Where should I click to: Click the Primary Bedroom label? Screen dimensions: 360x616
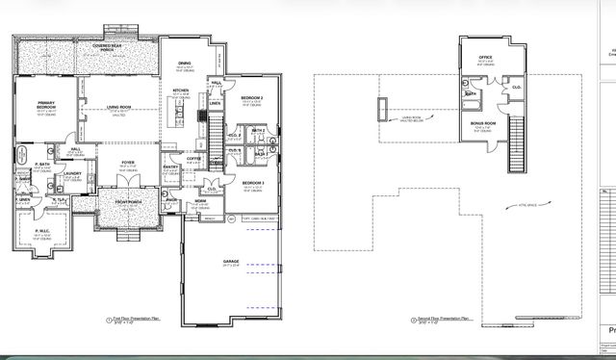coord(45,105)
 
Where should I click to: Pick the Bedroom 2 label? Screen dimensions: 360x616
coord(252,98)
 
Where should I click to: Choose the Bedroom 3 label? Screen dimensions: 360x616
coord(253,183)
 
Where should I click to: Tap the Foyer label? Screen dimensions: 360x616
coord(127,164)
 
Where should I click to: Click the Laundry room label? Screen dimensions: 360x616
coord(73,174)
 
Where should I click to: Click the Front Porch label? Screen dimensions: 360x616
coord(128,202)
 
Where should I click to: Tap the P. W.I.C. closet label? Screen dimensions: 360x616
coord(42,232)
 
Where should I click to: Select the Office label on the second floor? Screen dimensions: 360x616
coord(486,59)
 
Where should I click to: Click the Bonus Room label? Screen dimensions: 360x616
coord(483,122)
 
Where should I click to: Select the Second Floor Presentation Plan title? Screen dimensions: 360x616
coord(445,318)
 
